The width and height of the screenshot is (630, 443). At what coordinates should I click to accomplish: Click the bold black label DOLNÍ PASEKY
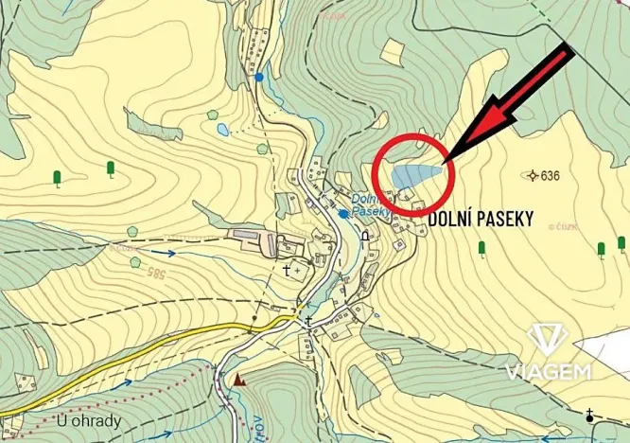tap(481, 220)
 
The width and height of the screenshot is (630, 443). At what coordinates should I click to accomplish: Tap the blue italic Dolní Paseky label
tap(371, 205)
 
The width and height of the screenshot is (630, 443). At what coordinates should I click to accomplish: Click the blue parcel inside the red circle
tap(417, 175)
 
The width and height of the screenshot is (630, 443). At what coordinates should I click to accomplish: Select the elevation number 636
tap(551, 175)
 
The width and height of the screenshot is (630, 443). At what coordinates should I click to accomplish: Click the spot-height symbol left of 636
tap(533, 175)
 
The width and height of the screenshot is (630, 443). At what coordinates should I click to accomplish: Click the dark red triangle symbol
tap(239, 381)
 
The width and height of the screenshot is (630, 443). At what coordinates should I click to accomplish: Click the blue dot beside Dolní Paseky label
tap(342, 214)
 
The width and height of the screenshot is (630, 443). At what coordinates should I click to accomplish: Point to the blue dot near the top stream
tap(258, 76)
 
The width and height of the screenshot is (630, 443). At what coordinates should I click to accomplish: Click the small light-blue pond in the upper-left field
tap(222, 129)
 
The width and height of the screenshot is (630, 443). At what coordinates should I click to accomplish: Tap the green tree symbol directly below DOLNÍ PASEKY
tap(481, 249)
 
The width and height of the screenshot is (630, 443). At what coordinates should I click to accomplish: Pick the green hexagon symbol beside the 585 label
tap(135, 262)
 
